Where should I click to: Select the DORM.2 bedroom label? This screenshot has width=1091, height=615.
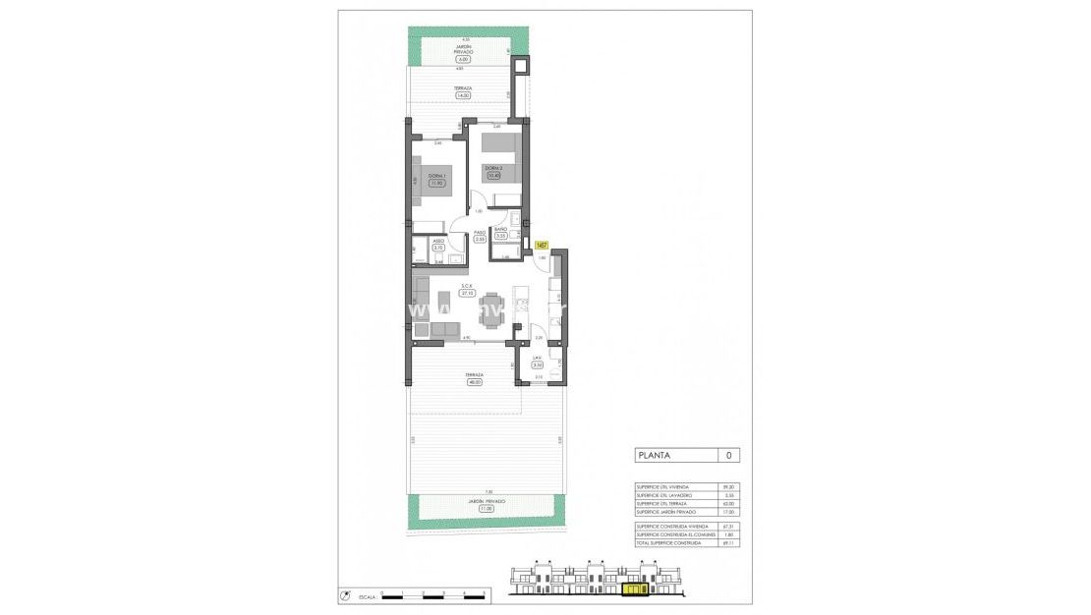493,167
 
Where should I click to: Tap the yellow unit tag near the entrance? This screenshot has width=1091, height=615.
541,246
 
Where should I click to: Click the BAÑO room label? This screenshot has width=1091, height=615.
500,230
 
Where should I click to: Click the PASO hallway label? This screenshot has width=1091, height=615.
481,232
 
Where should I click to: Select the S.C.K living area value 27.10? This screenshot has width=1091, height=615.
469,293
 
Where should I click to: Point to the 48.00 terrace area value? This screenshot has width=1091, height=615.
476,382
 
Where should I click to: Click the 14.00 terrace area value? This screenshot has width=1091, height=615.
463,95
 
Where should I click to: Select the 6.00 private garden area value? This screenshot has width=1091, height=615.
463,59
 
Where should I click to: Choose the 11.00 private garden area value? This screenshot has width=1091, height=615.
487,509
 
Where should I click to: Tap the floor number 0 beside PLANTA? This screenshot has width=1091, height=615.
727,456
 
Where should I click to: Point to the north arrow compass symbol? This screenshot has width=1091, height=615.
346,594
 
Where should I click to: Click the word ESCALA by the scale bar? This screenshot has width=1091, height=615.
367,595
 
